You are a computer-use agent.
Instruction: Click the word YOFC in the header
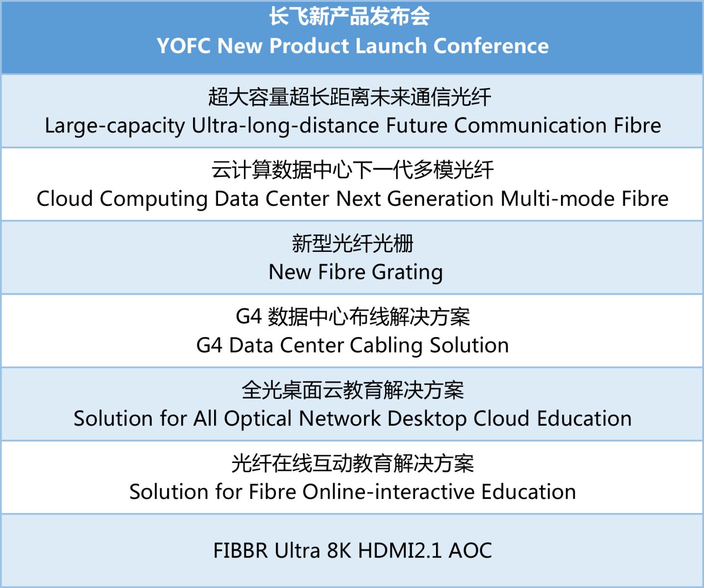tap(184, 46)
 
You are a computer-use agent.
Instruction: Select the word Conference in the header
tap(491, 46)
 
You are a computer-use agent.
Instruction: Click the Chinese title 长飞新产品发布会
tap(350, 16)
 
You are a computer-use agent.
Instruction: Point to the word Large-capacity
tap(115, 126)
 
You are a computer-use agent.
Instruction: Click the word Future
tap(416, 125)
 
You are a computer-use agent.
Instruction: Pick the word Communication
tap(531, 125)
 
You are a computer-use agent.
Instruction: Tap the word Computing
tap(154, 199)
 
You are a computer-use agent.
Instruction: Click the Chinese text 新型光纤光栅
tap(353, 243)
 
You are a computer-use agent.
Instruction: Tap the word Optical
tap(258, 419)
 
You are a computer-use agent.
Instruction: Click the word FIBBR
tap(241, 551)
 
